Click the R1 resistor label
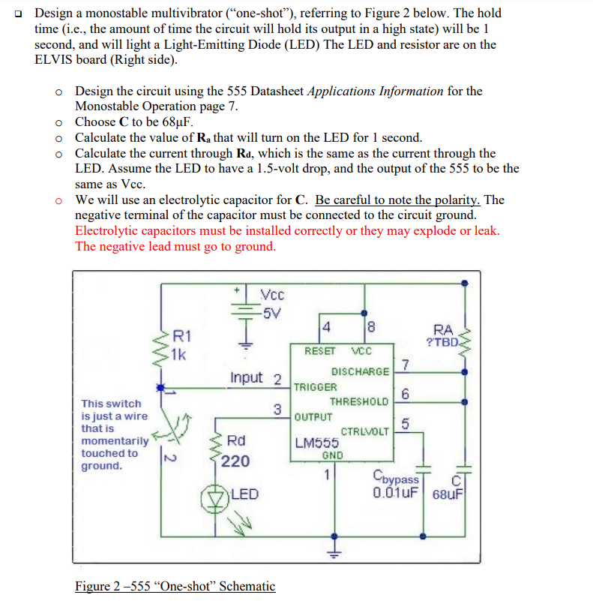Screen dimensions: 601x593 tap(182, 337)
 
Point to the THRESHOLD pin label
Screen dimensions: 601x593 tap(359, 401)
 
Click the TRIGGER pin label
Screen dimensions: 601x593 tap(315, 387)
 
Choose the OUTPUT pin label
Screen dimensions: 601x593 tap(313, 416)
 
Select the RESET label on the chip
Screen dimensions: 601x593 tap(319, 350)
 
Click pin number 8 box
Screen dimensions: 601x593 tap(370, 326)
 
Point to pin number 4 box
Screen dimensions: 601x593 tap(326, 326)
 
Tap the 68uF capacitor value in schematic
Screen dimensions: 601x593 tap(449, 494)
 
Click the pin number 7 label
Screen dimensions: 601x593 tap(406, 365)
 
